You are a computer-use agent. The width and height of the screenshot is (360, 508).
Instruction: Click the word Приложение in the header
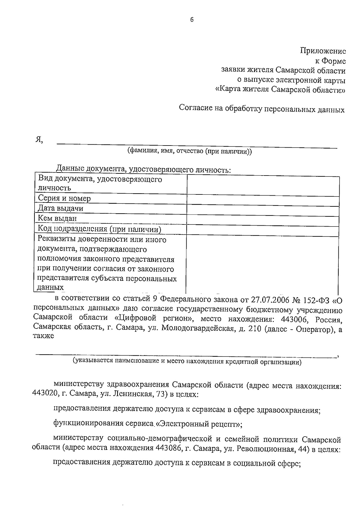[323, 51]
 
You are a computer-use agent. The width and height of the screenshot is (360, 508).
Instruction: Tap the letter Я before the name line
[38, 140]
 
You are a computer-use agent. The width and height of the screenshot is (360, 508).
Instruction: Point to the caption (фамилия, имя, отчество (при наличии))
[189, 152]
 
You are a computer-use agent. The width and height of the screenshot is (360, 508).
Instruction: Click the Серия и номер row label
[64, 198]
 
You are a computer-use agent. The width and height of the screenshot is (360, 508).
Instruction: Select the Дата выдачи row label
[61, 208]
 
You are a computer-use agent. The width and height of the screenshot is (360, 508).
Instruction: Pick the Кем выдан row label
[57, 218]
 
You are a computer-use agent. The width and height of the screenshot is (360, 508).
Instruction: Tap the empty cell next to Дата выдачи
[263, 209]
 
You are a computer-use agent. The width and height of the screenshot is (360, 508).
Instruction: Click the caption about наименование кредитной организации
[187, 362]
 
